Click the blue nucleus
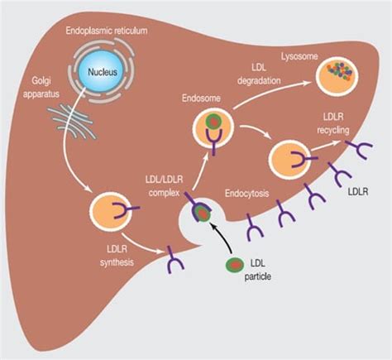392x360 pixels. [103, 71]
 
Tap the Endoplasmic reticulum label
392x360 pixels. [107, 31]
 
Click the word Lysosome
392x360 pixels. [299, 56]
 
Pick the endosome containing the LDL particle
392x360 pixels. [213, 127]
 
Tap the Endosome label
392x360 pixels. [201, 98]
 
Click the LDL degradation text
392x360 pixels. [259, 74]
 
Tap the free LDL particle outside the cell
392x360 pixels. [235, 265]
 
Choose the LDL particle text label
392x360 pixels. [258, 270]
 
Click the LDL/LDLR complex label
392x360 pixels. [164, 186]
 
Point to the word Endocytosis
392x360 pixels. [246, 193]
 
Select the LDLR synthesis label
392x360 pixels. [117, 256]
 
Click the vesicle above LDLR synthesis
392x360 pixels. [111, 212]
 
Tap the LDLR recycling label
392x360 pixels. [333, 123]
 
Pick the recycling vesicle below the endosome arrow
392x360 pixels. [290, 160]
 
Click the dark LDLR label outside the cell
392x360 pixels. [358, 191]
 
